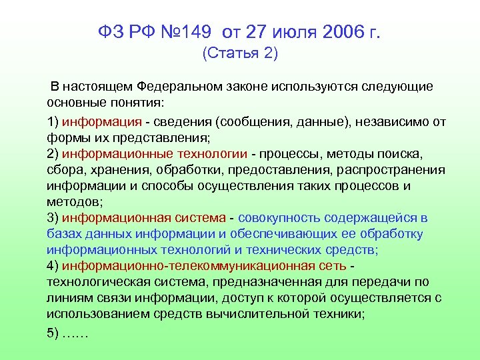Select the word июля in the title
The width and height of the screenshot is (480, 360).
tap(287, 31)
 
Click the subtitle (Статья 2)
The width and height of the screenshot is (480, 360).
tap(239, 55)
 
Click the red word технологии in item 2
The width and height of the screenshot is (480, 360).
tap(207, 154)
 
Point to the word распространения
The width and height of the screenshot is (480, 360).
tap(386, 170)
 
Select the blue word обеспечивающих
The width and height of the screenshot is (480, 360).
tap(291, 234)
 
